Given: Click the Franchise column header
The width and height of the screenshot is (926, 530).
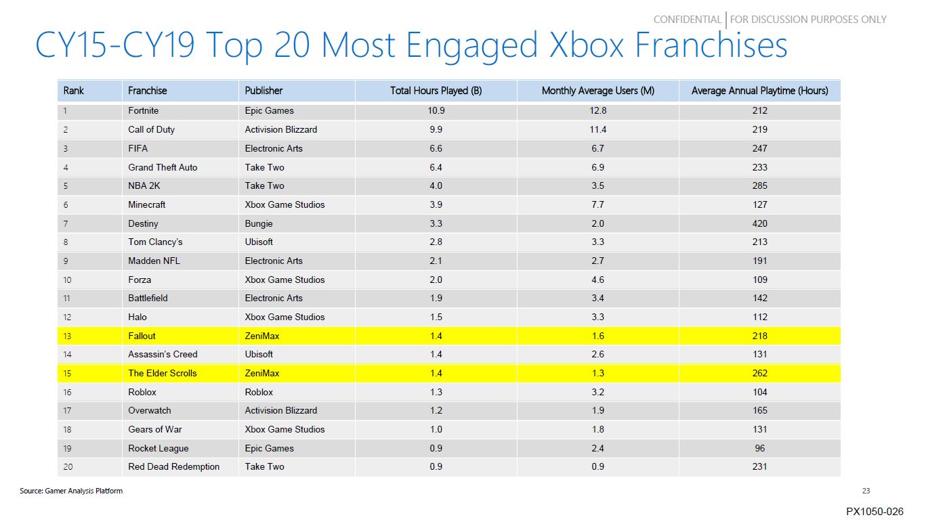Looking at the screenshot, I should pos(147,91).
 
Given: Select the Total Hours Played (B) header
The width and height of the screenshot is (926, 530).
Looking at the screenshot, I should pos(436,91).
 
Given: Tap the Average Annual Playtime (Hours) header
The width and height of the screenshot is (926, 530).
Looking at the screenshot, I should pos(759,91).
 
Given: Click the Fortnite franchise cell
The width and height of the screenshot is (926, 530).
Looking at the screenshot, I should pos(143,110).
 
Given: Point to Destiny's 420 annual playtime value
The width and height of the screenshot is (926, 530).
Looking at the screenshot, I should pos(759,223).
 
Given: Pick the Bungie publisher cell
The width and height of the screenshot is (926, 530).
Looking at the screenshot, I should pos(259,223).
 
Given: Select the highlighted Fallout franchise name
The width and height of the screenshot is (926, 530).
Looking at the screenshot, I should pos(142,336).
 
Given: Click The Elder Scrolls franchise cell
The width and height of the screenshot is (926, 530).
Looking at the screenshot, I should pos(163,373).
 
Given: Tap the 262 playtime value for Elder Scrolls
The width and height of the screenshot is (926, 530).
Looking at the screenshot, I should pos(759,373).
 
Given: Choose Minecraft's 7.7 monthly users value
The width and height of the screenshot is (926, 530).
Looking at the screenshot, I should pos(597,204).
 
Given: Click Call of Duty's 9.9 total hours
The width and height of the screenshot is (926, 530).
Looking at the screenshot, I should pos(436,129).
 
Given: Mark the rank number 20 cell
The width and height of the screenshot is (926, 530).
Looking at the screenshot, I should pos(67,467).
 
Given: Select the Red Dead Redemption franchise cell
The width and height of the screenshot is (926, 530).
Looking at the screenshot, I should pos(173,467).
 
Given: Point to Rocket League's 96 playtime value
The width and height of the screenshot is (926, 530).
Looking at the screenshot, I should pos(759,448).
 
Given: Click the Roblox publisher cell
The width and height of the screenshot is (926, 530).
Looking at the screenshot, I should pos(259,392).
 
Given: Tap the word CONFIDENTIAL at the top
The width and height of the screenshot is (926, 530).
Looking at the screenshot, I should pos(687,20).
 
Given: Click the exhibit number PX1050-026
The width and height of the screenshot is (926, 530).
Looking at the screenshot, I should pos(875,512).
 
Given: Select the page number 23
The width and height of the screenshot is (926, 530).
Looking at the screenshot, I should pos(866,491).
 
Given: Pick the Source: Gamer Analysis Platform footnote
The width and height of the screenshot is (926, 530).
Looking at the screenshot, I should pos(71,491).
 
